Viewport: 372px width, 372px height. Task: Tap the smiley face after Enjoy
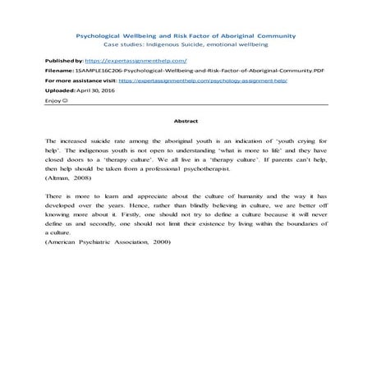(66, 102)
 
